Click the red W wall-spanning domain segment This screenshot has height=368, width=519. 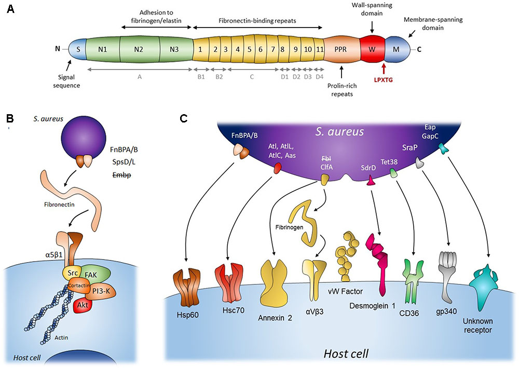pyautogui.click(x=372, y=50)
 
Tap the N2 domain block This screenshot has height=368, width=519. pyautogui.click(x=139, y=50)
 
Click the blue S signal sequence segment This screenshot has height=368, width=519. pyautogui.click(x=78, y=50)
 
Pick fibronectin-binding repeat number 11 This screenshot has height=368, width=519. pyautogui.click(x=320, y=50)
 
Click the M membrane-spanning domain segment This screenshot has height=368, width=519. pyautogui.click(x=397, y=50)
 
